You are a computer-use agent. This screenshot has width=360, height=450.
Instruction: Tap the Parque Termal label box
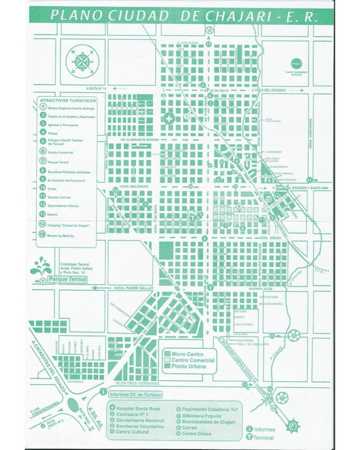67,279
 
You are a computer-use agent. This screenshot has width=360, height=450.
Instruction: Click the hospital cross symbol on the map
168,119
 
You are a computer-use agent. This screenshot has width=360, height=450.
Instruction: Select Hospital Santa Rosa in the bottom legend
135,408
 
